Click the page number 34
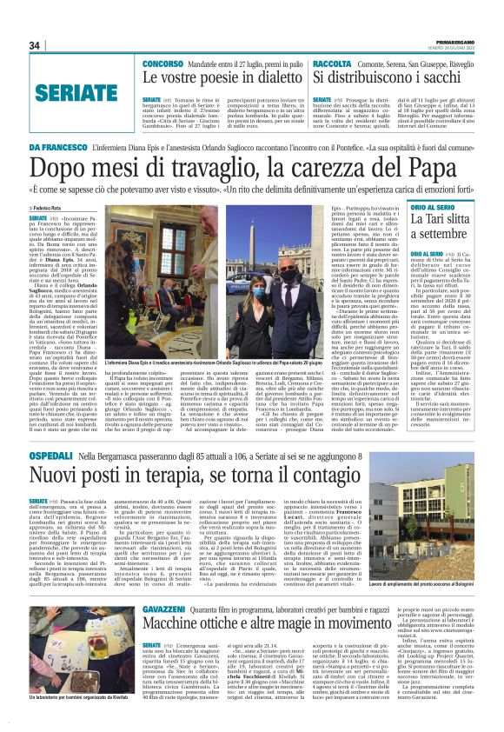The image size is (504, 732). [34, 45]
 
